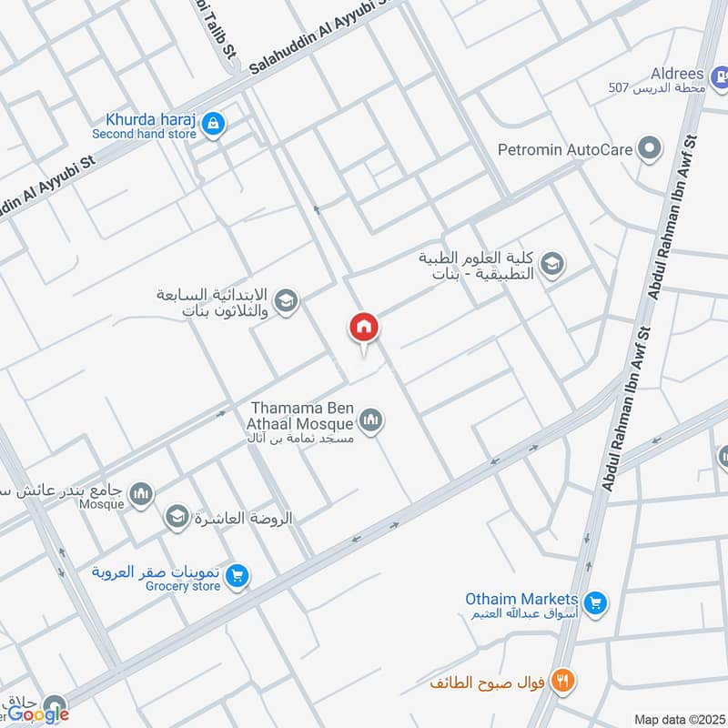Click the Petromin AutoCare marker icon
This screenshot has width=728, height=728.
(x=649, y=148)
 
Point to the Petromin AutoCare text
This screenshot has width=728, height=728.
(x=565, y=148)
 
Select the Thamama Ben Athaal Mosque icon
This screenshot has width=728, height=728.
(x=370, y=420)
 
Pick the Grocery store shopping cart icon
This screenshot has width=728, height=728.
(x=237, y=575)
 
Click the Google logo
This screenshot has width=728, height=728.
(x=39, y=714)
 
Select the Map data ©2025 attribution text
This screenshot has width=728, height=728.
(x=679, y=719)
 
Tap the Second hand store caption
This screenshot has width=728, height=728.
(x=144, y=134)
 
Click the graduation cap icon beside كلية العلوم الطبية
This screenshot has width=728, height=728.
(x=551, y=265)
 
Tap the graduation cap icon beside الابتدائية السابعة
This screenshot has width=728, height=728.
(x=286, y=301)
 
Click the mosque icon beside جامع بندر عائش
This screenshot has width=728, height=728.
(x=140, y=495)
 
